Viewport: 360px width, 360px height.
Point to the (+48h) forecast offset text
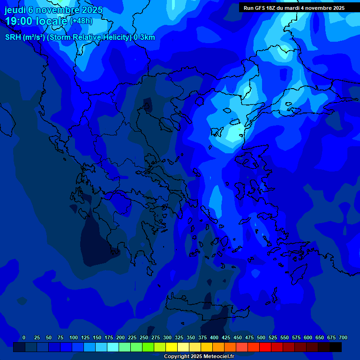81,21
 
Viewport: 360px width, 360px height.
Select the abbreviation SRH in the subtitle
13,37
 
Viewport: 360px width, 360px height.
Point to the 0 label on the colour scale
24,337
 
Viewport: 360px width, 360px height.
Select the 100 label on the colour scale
74,337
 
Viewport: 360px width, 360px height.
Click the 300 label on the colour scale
167,337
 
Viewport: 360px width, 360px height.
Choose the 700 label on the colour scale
343,337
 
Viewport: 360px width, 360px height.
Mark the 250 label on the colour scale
144,337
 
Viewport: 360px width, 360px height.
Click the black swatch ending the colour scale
336,347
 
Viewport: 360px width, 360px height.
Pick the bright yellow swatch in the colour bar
172,347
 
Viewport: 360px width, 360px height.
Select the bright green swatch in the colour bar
148,347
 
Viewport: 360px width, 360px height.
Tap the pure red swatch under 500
265,347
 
